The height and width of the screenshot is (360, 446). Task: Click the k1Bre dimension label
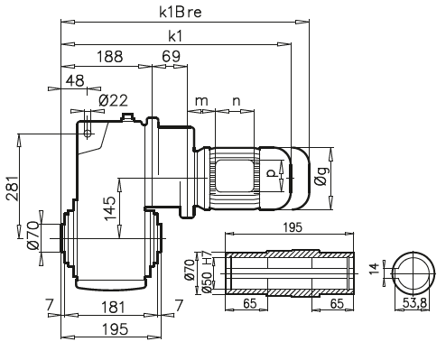[x=181, y=12]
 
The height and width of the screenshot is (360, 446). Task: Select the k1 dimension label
[x=175, y=36]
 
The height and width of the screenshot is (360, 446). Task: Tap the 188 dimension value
[x=110, y=57]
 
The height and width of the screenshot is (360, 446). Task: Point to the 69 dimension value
[x=171, y=57]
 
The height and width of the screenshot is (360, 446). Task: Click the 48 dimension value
[x=75, y=80]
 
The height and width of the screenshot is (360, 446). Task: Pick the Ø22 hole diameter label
[x=113, y=101]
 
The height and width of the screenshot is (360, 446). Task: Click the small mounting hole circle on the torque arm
[x=88, y=134]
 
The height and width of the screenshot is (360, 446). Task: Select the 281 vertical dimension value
[x=13, y=188]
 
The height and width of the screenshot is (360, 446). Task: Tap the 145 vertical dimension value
[x=110, y=208]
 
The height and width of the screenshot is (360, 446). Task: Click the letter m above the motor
[x=201, y=101]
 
